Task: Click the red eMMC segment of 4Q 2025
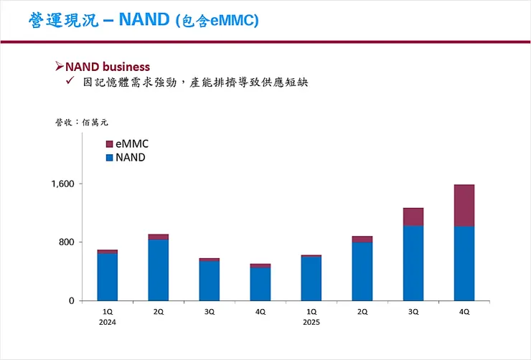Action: coord(464,206)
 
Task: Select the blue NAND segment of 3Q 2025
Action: coord(413,263)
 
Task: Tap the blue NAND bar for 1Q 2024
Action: coord(108,277)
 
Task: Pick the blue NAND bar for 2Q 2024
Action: coord(159,270)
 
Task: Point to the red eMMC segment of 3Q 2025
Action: coord(413,217)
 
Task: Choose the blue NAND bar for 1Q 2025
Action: coord(311,278)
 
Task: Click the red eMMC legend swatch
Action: coord(109,144)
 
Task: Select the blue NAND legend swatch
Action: coord(109,157)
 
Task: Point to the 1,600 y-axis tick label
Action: coord(63,184)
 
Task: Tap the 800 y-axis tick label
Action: coord(67,242)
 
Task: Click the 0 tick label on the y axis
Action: coord(72,301)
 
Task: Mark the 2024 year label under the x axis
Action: coord(108,322)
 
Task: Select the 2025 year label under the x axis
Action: coord(311,322)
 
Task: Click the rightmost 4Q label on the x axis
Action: coord(464,312)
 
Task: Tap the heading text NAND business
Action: coord(108,67)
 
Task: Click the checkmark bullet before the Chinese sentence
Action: coord(70,82)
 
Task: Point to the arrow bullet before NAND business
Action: coord(60,67)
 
